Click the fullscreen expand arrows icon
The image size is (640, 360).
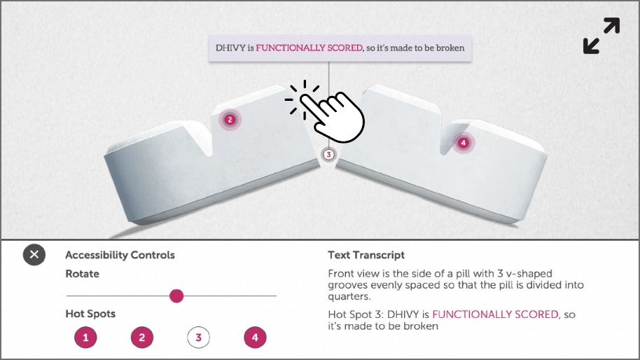(601, 36)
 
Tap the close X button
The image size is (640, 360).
(34, 255)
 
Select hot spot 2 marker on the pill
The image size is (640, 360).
(230, 120)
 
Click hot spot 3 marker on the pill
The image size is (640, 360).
(328, 155)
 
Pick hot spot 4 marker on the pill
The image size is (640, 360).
(462, 143)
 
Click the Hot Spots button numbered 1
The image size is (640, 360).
(85, 338)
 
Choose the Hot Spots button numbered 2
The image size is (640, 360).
(142, 338)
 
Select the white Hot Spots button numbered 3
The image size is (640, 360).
(198, 338)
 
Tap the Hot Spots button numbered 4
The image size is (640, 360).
(255, 338)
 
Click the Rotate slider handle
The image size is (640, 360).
(176, 296)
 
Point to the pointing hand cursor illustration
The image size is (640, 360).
(326, 111)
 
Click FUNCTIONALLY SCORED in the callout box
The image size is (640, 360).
(309, 48)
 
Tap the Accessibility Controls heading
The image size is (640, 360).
(120, 255)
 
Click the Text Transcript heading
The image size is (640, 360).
(366, 255)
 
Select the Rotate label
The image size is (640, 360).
(83, 274)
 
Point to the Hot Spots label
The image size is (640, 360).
(90, 314)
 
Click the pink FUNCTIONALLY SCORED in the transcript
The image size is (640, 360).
(495, 314)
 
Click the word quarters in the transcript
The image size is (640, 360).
(349, 297)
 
